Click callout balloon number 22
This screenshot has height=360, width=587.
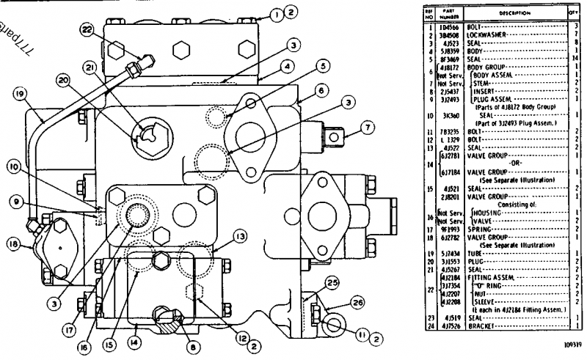click(87, 29)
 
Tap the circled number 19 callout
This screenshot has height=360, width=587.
click(20, 94)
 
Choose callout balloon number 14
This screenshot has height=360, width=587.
click(133, 340)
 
